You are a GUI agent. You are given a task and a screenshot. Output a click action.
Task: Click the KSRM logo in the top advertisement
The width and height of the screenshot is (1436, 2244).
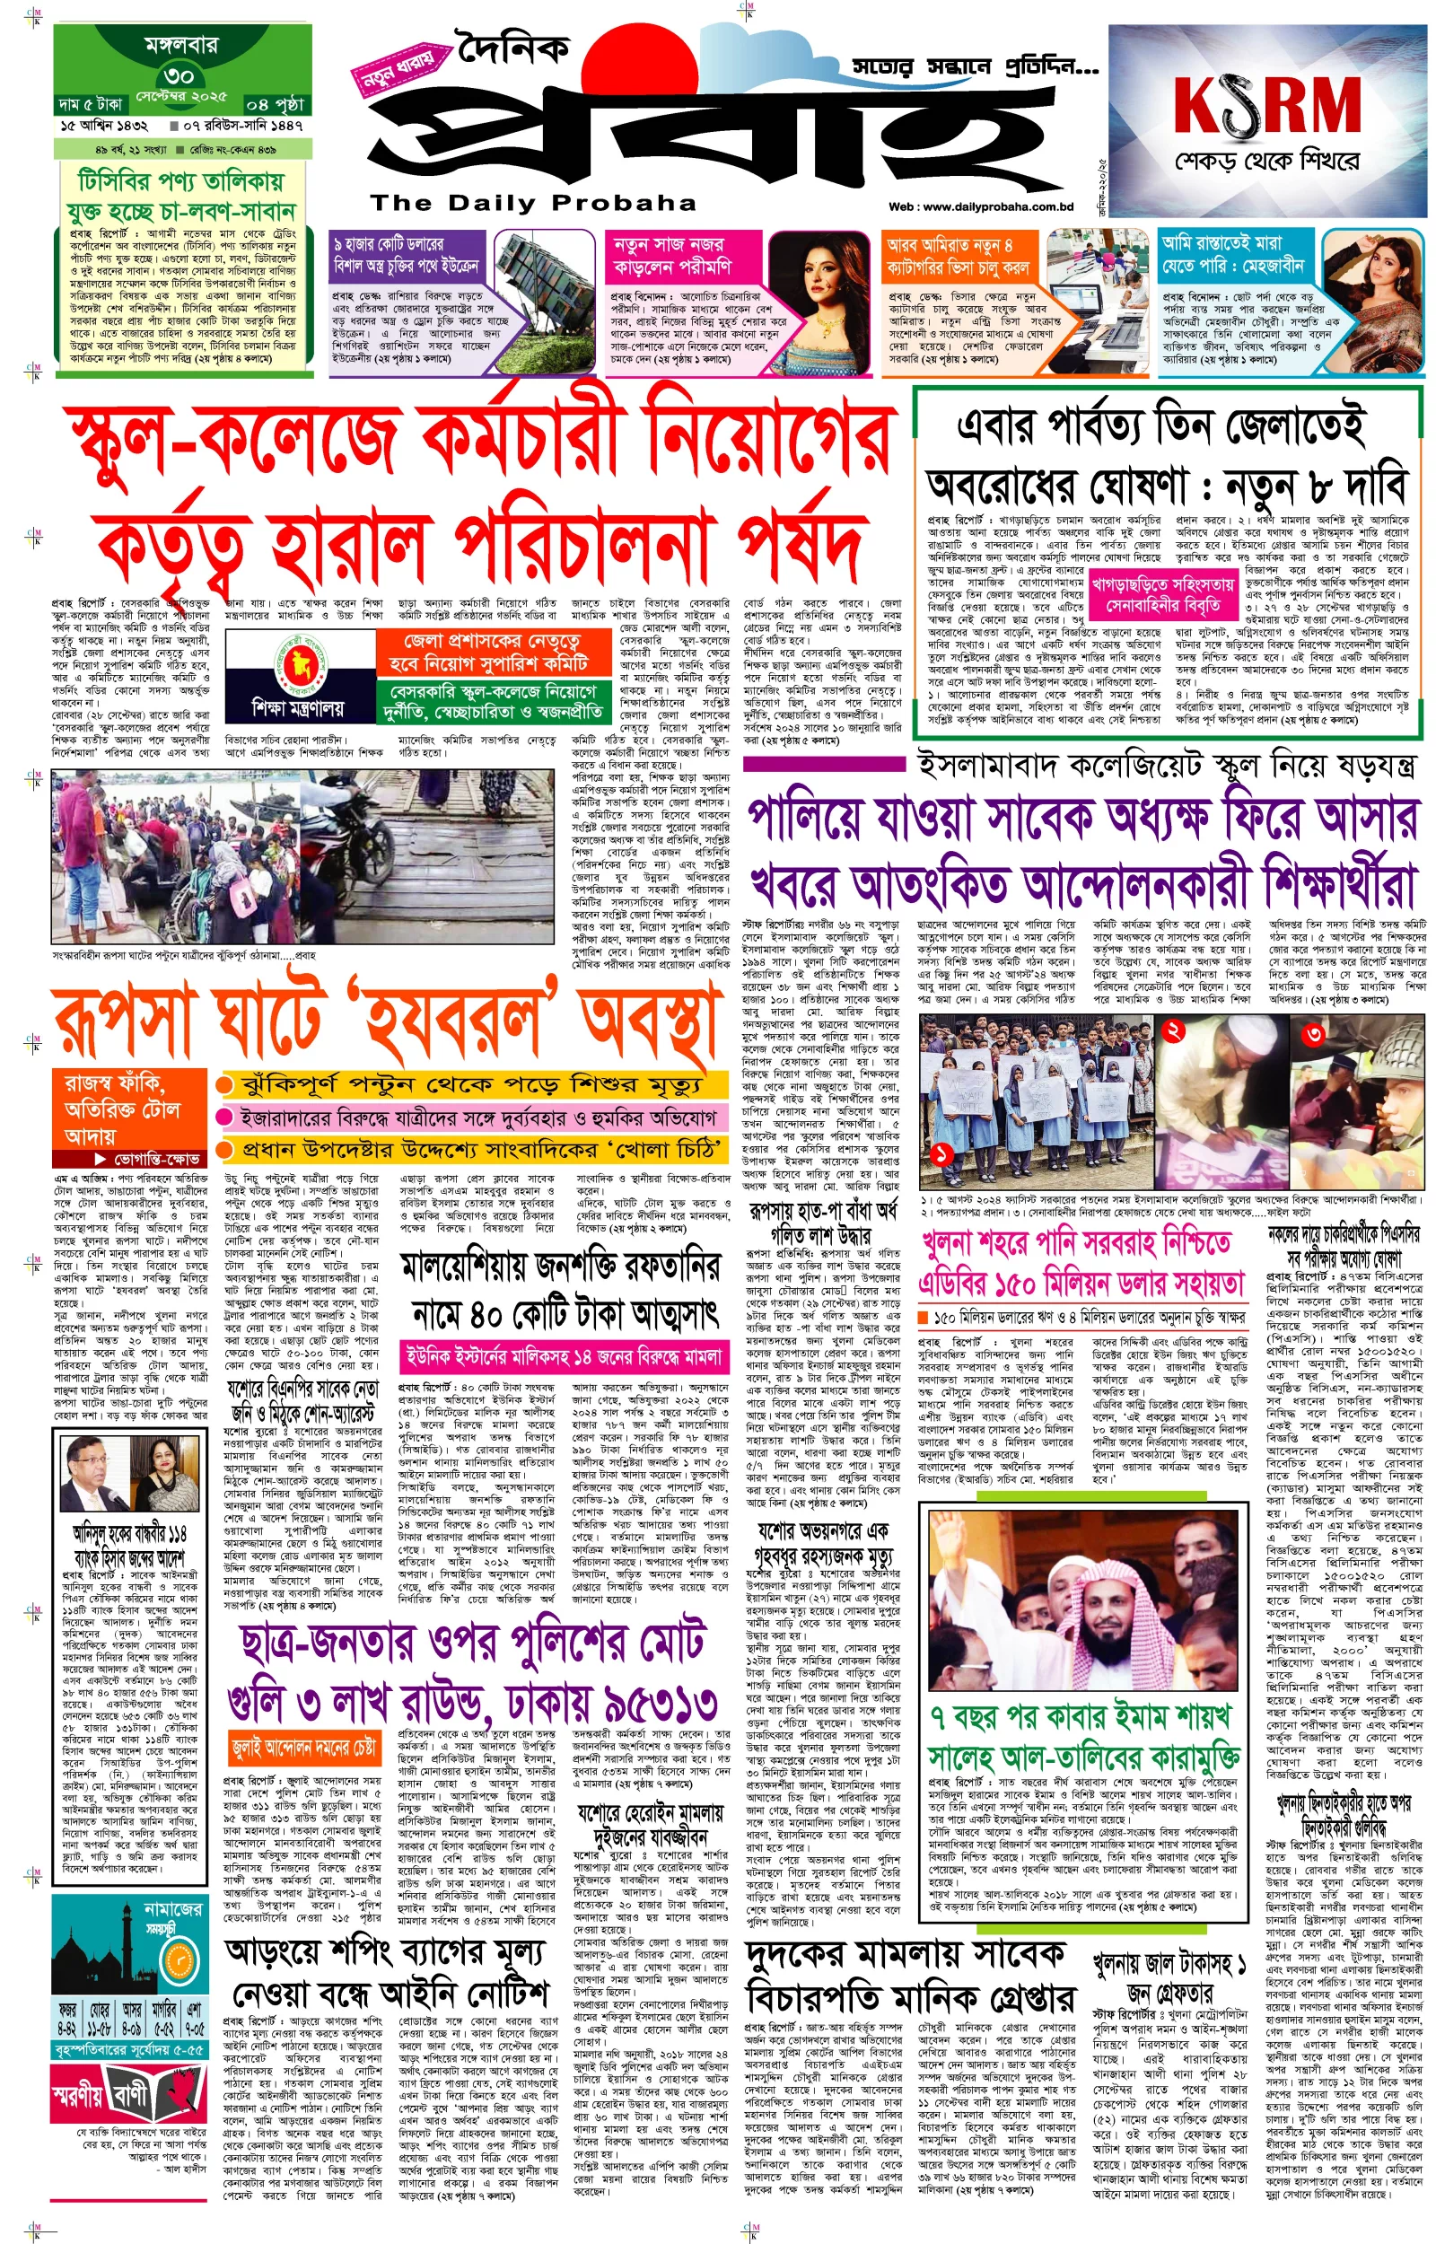point(1266,104)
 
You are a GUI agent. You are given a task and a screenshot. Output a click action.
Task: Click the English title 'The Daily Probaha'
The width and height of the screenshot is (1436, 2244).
point(533,202)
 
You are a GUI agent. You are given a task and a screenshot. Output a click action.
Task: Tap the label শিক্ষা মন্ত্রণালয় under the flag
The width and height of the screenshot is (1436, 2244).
point(297,708)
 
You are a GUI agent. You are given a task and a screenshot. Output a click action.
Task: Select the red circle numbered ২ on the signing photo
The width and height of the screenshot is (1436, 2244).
point(1174,1030)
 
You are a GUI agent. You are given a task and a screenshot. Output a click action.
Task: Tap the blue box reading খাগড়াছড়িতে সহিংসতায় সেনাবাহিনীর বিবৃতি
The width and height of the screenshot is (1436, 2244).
point(1163,596)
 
